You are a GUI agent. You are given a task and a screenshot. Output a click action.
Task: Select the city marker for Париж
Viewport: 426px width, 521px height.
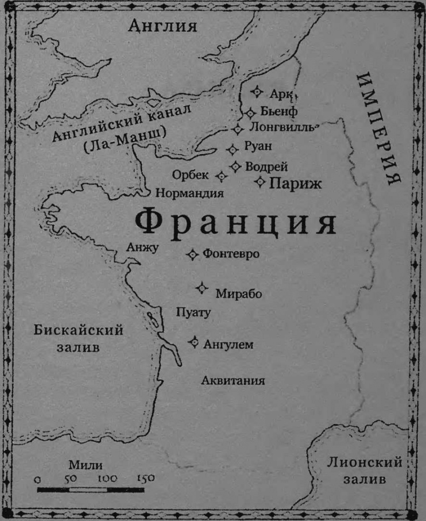point(260,182)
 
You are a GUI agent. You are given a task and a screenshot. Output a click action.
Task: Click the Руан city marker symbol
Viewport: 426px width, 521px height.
point(232,149)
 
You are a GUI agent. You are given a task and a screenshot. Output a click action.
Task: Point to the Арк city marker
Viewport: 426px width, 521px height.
point(257,92)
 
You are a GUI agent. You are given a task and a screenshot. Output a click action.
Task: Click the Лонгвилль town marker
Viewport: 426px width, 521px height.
point(238,129)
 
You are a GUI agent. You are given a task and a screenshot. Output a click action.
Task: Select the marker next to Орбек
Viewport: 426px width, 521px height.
point(221,176)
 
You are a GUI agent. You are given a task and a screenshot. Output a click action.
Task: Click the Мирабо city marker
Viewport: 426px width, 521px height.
point(202,288)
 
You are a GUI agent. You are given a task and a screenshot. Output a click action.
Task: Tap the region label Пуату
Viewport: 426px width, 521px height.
point(193,312)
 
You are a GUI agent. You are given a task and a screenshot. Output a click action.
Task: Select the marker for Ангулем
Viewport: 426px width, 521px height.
point(194,342)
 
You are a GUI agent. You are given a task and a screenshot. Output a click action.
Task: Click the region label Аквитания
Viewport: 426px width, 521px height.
point(233,380)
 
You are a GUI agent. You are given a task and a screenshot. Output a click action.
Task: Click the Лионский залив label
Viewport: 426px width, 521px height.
point(365,471)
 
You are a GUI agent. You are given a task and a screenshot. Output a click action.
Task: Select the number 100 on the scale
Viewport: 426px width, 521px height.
point(108,478)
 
